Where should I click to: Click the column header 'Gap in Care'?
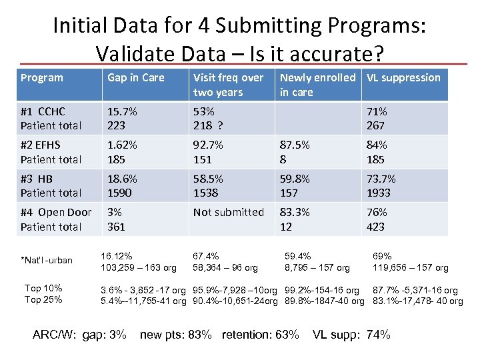pos(136,78)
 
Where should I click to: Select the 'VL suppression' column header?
pos(403,78)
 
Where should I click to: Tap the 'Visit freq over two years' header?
pos(228,85)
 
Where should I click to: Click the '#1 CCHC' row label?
pos(43,111)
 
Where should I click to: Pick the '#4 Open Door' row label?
pos(56,213)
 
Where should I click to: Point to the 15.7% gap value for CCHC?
pos(123,111)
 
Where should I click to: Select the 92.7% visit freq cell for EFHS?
pos(208,145)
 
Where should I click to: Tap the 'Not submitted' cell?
pos(229,213)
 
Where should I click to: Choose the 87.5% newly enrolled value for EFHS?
pos(295,145)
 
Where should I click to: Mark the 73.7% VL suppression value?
pos(381,179)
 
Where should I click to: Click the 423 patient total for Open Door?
pos(375,227)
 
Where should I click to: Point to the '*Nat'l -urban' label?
pos(47,259)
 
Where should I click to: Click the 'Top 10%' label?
pos(43,288)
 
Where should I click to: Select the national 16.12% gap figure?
pos(116,256)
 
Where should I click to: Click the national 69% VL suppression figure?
pos(382,256)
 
